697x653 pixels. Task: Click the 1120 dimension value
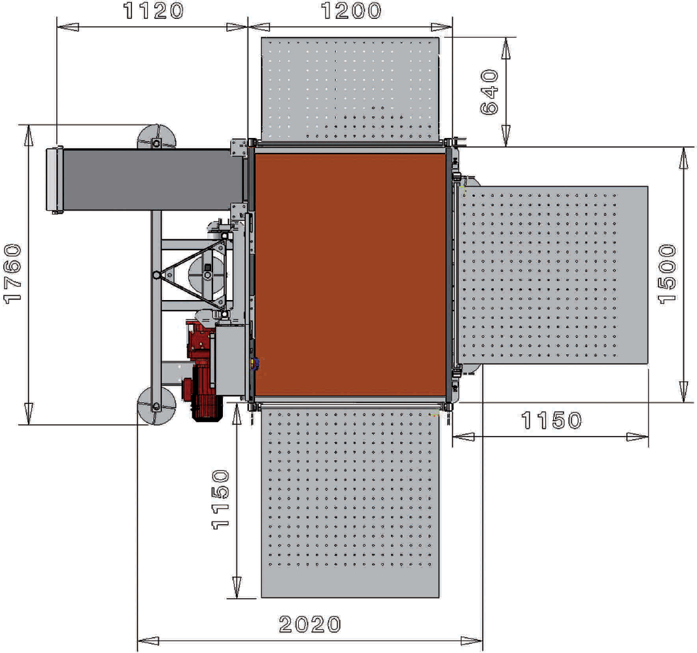(154, 10)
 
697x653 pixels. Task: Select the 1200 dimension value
(351, 10)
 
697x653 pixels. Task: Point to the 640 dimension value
(490, 92)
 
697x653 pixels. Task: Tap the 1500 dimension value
(667, 274)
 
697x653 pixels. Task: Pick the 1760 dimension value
(12, 274)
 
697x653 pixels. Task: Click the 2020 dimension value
(310, 624)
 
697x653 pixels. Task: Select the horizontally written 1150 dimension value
(551, 420)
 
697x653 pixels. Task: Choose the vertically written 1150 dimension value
(220, 499)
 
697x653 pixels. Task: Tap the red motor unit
(202, 371)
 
